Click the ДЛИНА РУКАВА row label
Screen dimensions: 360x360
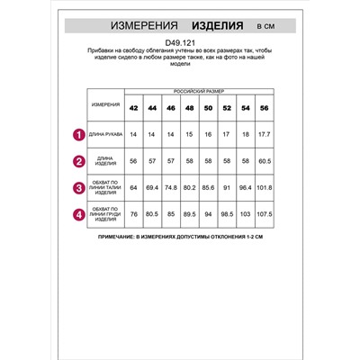(105, 135)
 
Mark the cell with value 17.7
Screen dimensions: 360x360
(263, 135)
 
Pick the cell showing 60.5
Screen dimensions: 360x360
(263, 162)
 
